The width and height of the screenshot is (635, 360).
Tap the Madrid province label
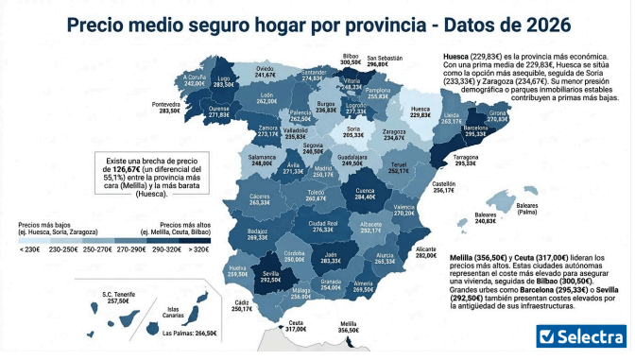click(x=322, y=170)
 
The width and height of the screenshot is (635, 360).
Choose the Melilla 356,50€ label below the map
click(x=349, y=326)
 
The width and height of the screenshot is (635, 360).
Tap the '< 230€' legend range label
click(x=30, y=249)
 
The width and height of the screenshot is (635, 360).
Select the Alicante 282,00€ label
click(x=426, y=250)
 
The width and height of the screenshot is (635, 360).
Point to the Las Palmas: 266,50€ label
click(x=190, y=333)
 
